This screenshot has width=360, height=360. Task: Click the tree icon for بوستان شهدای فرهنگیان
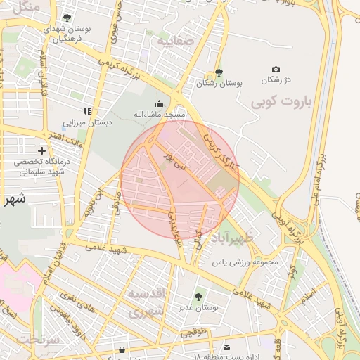point(67,18)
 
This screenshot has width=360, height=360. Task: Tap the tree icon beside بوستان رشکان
point(219,72)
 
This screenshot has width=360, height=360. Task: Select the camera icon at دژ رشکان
point(276,69)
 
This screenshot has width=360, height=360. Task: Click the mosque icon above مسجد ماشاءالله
point(158,103)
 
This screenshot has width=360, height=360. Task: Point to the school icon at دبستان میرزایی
point(87,111)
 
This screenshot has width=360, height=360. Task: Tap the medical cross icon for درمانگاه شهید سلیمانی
point(42,150)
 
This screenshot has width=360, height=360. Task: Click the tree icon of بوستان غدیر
point(198,297)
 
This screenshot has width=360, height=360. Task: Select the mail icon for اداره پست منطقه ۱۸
point(226,347)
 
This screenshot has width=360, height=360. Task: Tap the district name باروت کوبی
point(281,101)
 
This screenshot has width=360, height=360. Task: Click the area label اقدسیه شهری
point(146,300)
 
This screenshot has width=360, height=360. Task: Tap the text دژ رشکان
point(276,80)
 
